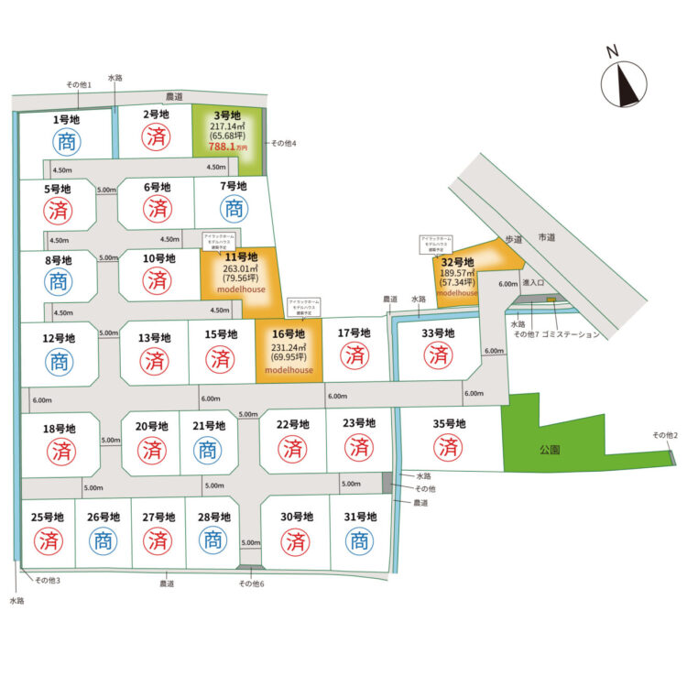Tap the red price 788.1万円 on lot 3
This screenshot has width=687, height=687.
(228, 147)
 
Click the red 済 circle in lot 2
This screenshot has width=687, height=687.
(157, 139)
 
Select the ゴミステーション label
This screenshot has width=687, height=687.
(571, 334)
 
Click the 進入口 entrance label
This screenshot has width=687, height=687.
(534, 284)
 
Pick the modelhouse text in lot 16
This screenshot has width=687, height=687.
(289, 370)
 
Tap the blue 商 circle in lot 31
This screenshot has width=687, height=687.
(359, 541)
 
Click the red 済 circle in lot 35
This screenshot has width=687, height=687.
(448, 448)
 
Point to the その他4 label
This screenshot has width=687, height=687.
(283, 144)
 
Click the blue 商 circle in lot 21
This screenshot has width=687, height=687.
(208, 450)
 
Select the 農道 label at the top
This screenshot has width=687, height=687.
(175, 95)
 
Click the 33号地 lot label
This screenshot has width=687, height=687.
(439, 333)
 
